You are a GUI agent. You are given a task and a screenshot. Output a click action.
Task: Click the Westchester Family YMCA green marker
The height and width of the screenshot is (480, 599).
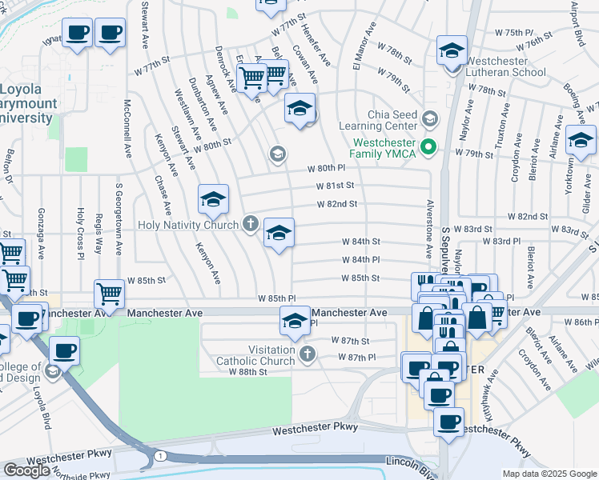(428, 146)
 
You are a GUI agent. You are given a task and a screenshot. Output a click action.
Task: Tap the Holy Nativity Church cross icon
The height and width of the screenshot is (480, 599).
(251, 225)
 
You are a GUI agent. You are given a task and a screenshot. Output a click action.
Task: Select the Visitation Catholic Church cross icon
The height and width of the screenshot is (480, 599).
(307, 352)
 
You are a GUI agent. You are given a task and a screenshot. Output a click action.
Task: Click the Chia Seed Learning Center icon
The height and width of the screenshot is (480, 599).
(430, 119)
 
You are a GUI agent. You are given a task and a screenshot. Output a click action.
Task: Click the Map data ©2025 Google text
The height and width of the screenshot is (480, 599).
(549, 474)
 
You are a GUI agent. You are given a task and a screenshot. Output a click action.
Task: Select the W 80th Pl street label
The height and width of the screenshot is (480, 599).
(329, 169)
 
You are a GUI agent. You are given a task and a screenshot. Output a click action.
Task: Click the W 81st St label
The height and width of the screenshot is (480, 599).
(335, 186)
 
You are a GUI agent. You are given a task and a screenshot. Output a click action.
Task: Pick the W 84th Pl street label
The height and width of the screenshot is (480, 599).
(360, 260)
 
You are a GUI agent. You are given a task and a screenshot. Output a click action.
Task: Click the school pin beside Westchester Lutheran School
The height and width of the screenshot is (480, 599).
(452, 50)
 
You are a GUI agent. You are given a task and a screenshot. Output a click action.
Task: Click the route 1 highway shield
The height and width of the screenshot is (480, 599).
(160, 455)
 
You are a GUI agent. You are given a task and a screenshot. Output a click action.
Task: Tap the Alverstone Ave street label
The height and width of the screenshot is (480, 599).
(430, 229)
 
